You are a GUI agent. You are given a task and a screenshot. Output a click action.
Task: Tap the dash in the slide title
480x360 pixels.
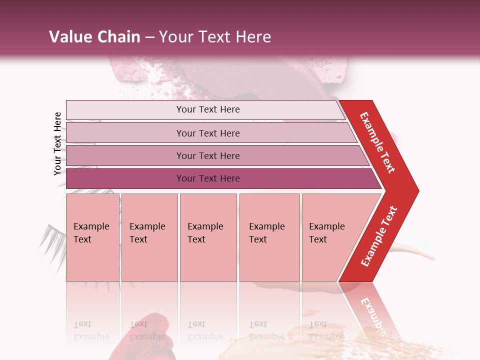149,37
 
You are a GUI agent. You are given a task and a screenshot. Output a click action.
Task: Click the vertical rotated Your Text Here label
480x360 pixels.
57,143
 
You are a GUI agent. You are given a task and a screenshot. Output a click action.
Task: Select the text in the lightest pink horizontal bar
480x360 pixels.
208,109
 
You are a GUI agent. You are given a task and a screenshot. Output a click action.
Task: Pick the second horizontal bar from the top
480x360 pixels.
208,133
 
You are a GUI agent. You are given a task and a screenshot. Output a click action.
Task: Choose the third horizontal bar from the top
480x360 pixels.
208,155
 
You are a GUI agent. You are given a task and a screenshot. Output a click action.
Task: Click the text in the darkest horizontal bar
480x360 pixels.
208,178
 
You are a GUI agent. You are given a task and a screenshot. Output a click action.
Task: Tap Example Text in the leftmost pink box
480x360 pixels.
91,232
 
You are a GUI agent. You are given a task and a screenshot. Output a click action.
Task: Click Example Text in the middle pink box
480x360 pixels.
205,232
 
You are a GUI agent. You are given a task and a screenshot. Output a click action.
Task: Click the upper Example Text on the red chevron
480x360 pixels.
377,142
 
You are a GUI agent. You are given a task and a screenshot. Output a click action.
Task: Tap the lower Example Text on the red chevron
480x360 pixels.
379,236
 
